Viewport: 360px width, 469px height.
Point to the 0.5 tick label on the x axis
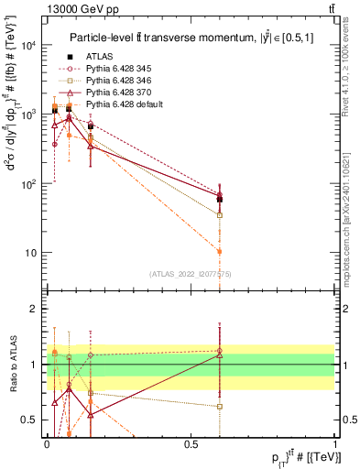[191, 442]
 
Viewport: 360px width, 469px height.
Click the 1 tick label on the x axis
[335, 442]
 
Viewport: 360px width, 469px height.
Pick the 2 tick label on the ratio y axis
[37, 309]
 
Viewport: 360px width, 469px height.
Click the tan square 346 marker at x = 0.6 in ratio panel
[220, 406]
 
